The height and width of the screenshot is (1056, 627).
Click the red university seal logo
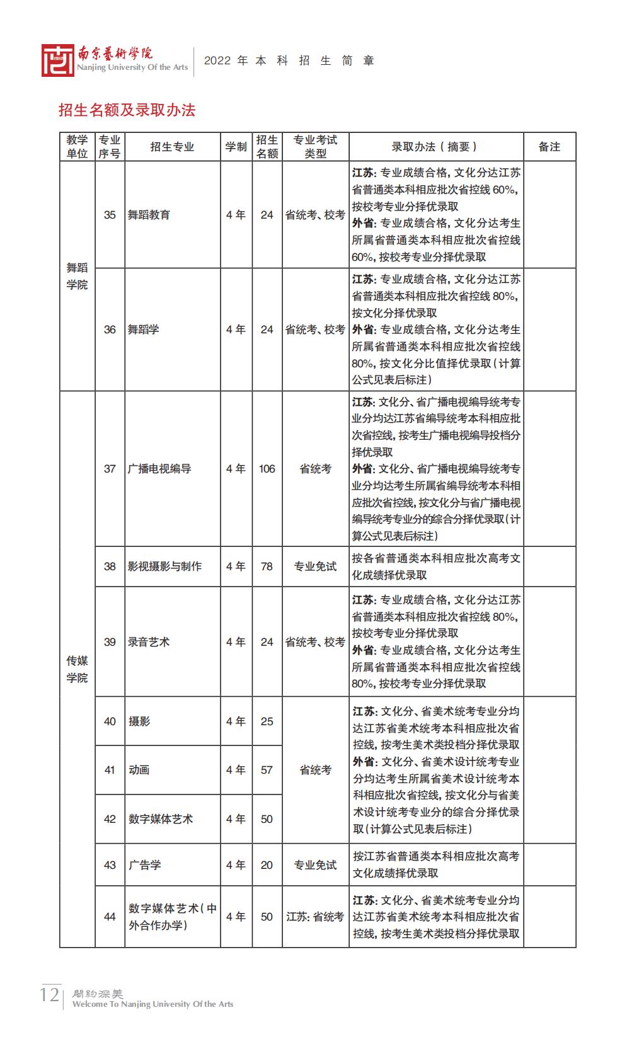(x=57, y=60)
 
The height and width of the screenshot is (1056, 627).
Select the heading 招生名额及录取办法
(x=127, y=110)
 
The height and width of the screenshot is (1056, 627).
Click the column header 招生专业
(x=172, y=147)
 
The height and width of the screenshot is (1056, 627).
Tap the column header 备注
(x=549, y=147)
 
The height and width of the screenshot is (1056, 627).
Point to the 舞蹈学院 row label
(x=78, y=277)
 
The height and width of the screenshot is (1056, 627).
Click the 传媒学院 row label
(x=78, y=669)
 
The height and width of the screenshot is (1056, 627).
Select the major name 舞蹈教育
(x=149, y=215)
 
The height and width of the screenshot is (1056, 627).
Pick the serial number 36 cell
(x=110, y=330)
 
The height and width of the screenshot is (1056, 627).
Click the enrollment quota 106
(x=267, y=469)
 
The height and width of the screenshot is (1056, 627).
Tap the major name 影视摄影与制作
(x=164, y=566)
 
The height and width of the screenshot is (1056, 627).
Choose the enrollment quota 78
(x=267, y=566)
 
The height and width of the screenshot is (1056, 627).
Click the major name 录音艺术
(x=149, y=642)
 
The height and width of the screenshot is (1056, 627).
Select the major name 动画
(x=139, y=770)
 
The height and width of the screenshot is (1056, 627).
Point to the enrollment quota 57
(x=267, y=770)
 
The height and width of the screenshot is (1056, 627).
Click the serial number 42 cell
(x=110, y=819)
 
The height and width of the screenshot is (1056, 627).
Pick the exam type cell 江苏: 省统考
(x=315, y=917)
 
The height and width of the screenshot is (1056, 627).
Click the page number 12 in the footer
(x=49, y=996)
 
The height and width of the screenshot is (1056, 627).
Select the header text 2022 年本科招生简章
(x=289, y=60)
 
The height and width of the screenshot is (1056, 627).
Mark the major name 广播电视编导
(x=159, y=469)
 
